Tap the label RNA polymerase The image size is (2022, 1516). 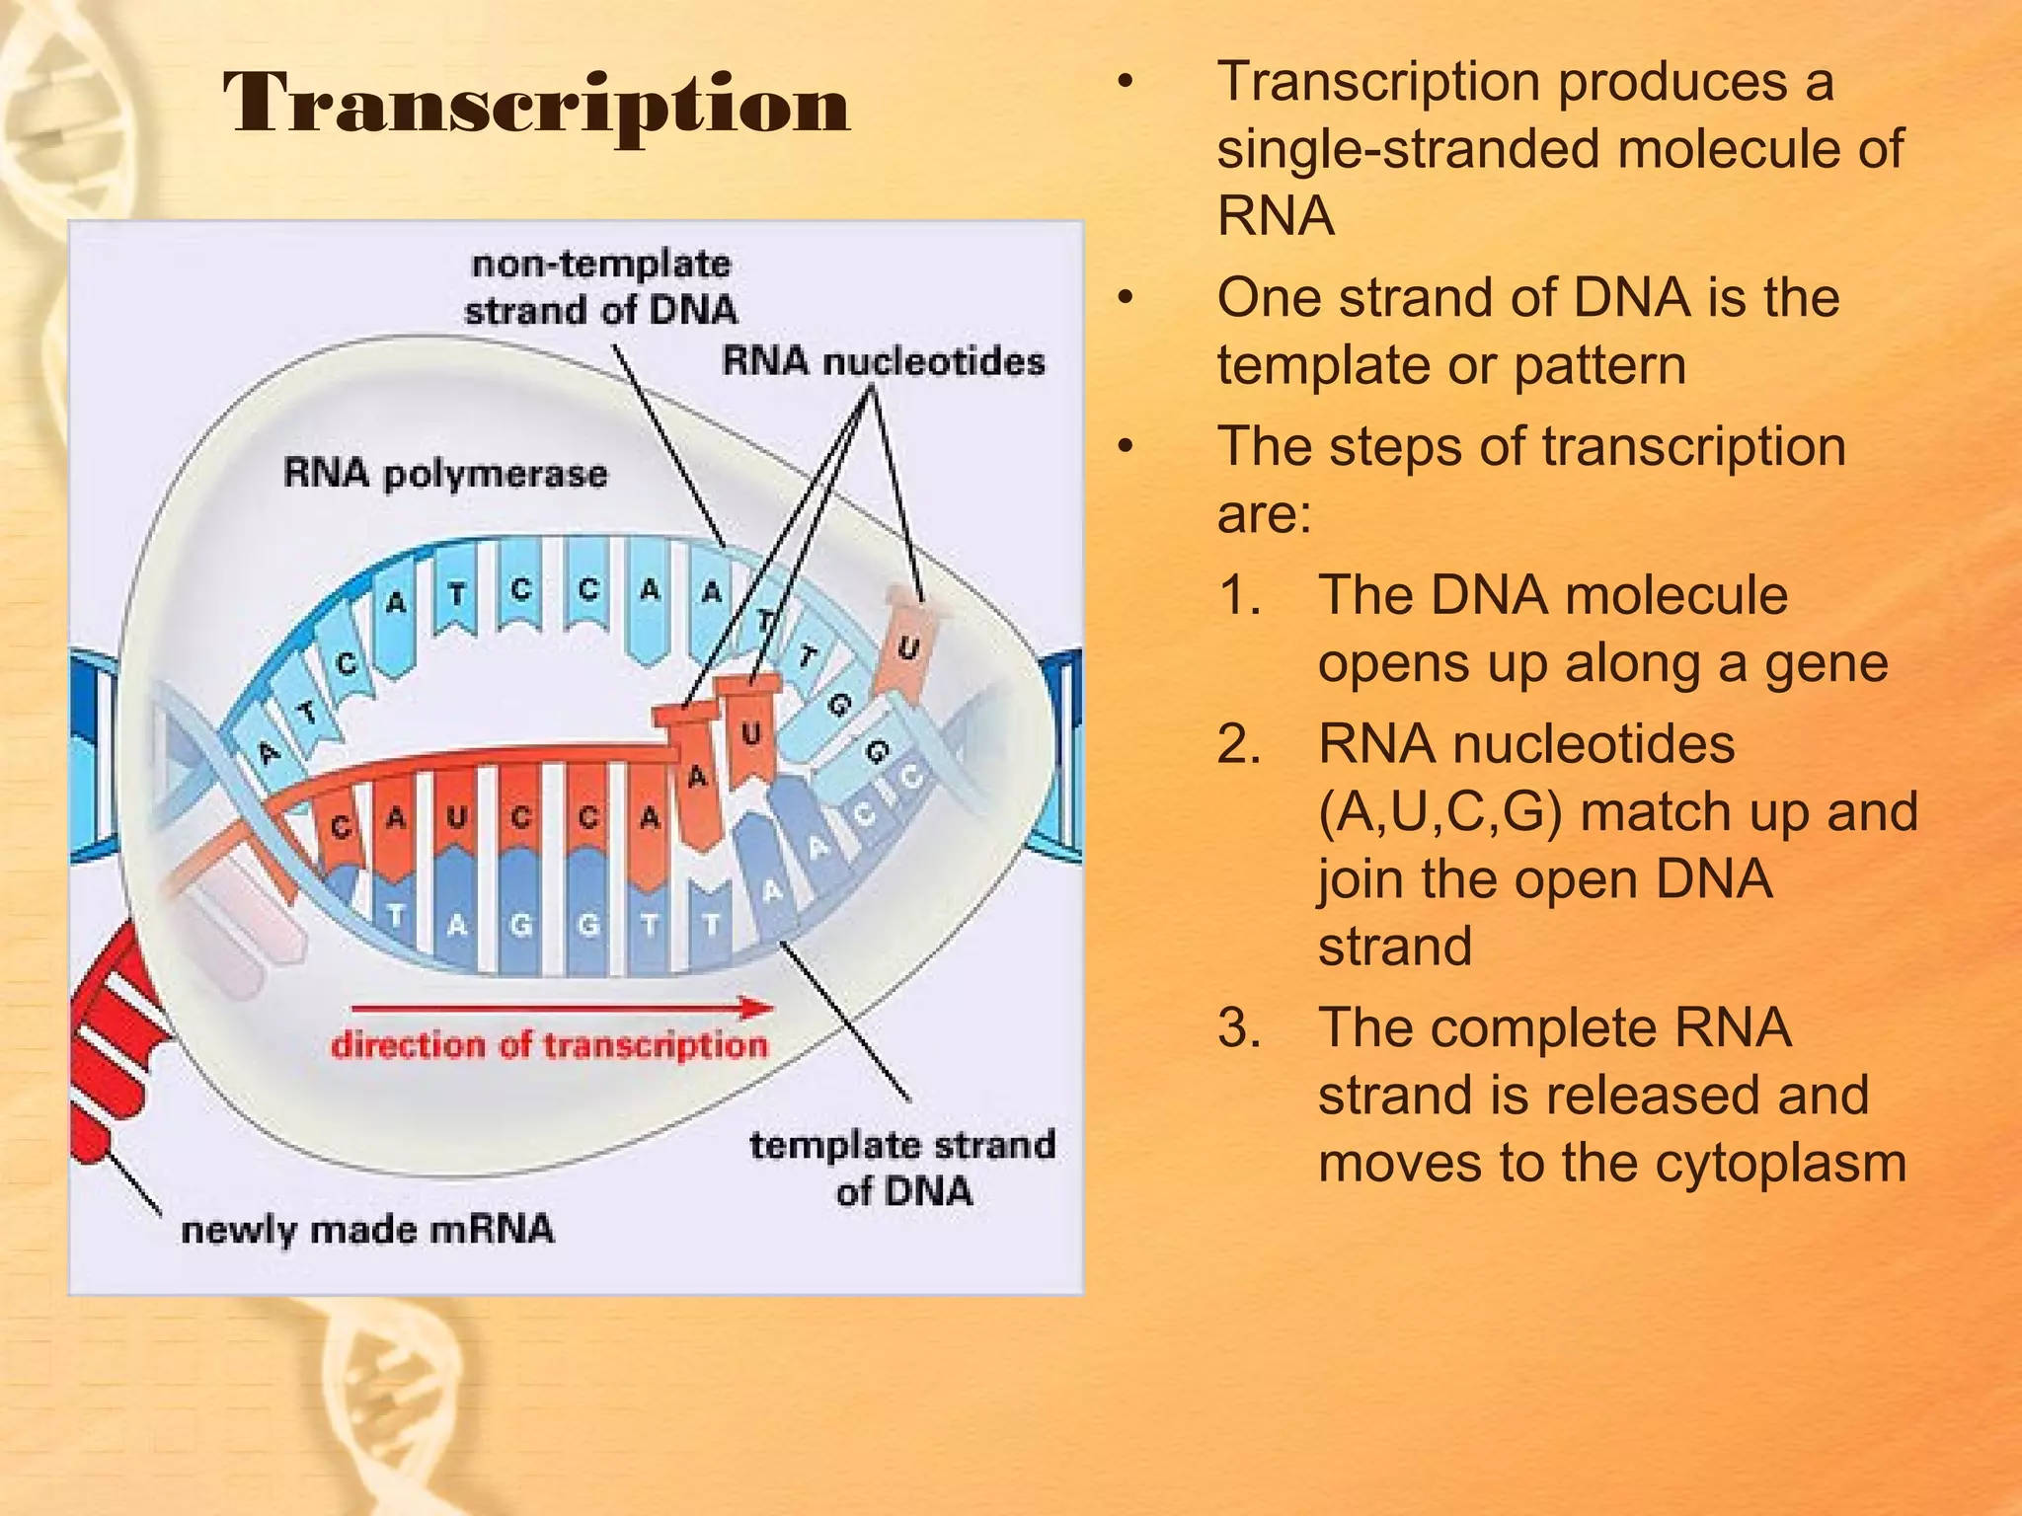tap(445, 474)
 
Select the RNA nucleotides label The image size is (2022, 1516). tap(884, 361)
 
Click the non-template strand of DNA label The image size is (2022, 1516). tap(600, 287)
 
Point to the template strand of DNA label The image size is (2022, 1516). tap(902, 1168)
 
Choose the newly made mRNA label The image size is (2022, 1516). tap(367, 1230)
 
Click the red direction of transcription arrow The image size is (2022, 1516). tap(562, 1008)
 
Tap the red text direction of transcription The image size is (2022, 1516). tap(549, 1045)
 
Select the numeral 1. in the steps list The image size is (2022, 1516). tap(1239, 595)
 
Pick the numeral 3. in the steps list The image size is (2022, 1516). tap(1240, 1027)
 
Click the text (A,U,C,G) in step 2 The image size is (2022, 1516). tap(1440, 813)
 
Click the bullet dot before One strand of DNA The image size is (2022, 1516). tap(1125, 298)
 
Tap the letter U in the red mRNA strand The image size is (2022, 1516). tap(456, 817)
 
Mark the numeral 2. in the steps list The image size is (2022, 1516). tap(1240, 744)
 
